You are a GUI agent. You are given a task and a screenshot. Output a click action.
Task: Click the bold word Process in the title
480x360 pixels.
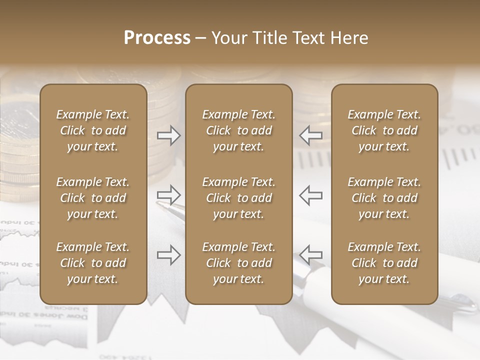[157, 38]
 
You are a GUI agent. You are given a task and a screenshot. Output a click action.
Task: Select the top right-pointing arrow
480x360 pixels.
[169, 135]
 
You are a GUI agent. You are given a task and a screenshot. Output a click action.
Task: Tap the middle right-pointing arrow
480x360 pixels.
[169, 195]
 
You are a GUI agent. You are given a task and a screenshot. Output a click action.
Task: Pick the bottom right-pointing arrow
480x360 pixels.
[169, 255]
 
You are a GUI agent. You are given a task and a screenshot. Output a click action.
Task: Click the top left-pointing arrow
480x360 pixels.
[310, 135]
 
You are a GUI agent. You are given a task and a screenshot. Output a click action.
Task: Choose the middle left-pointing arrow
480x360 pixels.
[310, 195]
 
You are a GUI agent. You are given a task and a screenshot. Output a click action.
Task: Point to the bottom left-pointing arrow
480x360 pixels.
[310, 255]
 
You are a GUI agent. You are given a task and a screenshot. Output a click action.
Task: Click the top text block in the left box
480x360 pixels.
[93, 130]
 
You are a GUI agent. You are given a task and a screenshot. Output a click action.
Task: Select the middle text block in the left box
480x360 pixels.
[93, 198]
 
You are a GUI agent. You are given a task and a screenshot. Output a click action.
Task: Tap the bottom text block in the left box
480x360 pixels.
[93, 263]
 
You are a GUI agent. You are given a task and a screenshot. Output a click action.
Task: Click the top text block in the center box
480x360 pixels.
[238, 130]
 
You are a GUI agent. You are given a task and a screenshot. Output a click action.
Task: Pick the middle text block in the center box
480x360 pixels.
[238, 198]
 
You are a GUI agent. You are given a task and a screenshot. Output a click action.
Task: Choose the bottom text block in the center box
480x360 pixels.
[238, 263]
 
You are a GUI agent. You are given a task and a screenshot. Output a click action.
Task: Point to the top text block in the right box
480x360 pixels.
[384, 130]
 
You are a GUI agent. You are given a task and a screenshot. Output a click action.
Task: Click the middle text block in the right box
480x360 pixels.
[384, 198]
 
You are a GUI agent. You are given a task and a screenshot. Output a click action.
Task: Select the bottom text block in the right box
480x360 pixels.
[384, 263]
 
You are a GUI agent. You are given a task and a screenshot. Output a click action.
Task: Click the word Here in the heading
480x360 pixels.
[349, 38]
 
